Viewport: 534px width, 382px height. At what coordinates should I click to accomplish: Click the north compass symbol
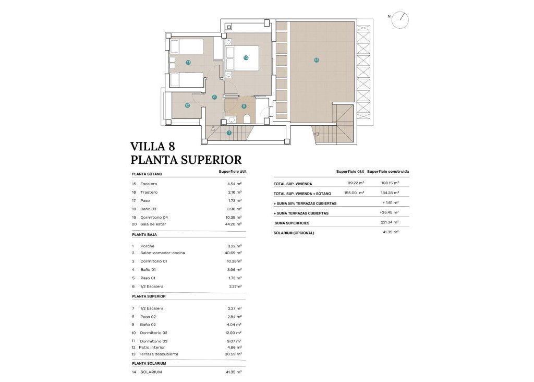(x=400, y=20)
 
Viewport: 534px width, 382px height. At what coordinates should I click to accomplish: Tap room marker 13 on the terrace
(x=317, y=60)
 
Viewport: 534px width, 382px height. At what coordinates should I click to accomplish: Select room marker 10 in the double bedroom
(x=246, y=58)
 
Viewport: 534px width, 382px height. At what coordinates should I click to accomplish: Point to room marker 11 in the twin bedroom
(x=188, y=62)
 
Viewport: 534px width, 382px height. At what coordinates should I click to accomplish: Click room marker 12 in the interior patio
(x=187, y=105)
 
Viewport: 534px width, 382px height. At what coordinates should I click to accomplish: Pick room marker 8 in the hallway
(x=214, y=97)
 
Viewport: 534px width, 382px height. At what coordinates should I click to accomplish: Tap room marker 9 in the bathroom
(x=244, y=106)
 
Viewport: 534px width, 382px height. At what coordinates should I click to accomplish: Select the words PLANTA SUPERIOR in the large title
(x=186, y=159)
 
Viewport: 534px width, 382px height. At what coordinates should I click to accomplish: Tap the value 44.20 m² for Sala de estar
(x=235, y=224)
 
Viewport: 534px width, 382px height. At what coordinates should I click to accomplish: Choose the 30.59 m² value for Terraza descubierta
(x=235, y=354)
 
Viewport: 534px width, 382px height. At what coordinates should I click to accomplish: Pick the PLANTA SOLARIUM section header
(x=149, y=363)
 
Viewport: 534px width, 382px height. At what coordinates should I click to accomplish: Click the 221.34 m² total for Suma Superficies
(x=390, y=222)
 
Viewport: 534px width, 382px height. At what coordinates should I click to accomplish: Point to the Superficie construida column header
(x=388, y=171)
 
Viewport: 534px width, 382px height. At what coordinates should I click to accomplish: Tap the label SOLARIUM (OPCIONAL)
(x=294, y=233)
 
